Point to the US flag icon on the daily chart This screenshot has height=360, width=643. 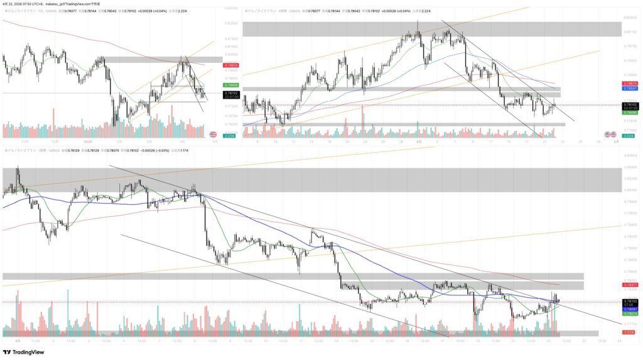pos(212,134)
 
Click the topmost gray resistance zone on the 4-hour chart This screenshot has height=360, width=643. pos(432,29)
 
